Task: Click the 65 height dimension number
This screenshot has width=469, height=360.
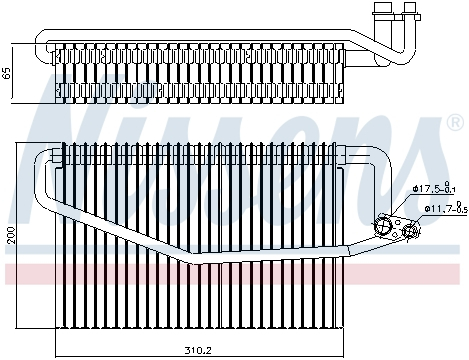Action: click(8, 74)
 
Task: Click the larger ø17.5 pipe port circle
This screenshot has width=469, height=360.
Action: click(383, 226)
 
